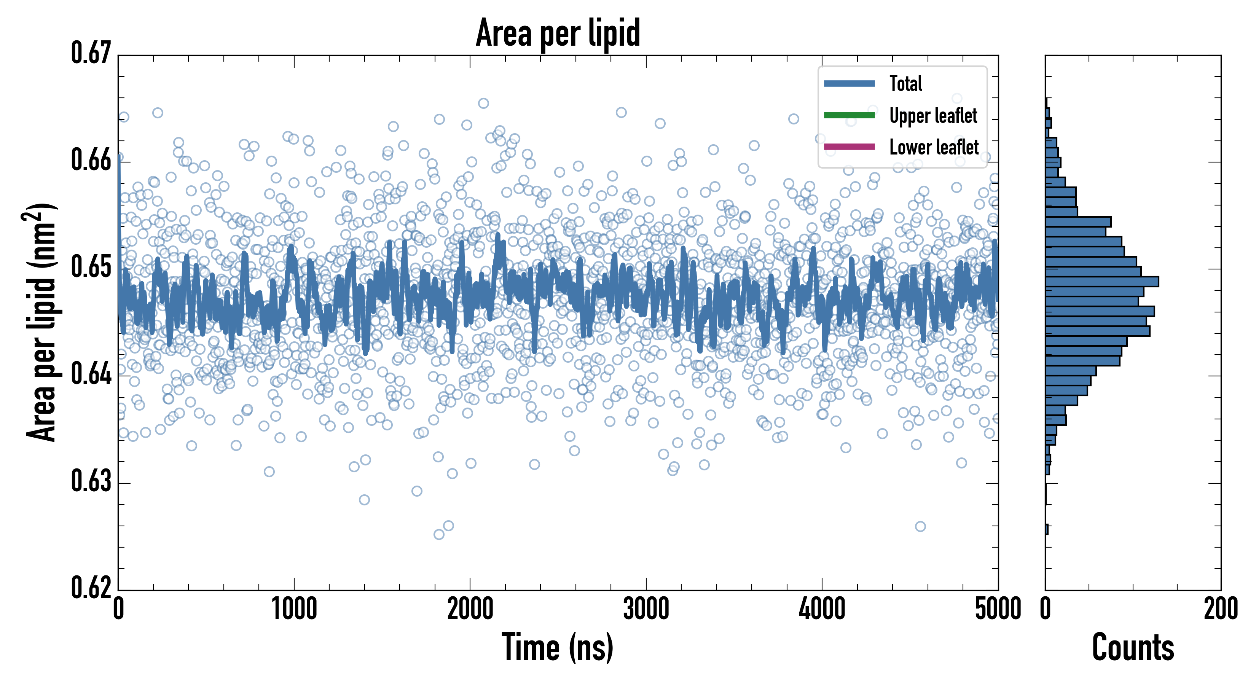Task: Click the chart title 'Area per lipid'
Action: coord(558,33)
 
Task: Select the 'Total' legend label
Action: coord(905,83)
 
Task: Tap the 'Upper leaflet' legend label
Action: coord(933,116)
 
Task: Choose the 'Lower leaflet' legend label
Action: coord(934,147)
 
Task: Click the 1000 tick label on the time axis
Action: coord(294,609)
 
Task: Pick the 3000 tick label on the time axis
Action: coord(646,609)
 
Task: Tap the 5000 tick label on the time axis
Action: coord(998,609)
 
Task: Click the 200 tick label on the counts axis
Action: coord(1220,609)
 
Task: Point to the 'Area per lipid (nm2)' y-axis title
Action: coord(41,322)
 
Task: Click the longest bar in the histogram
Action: coord(1101,281)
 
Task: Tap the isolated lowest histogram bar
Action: coord(1047,529)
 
